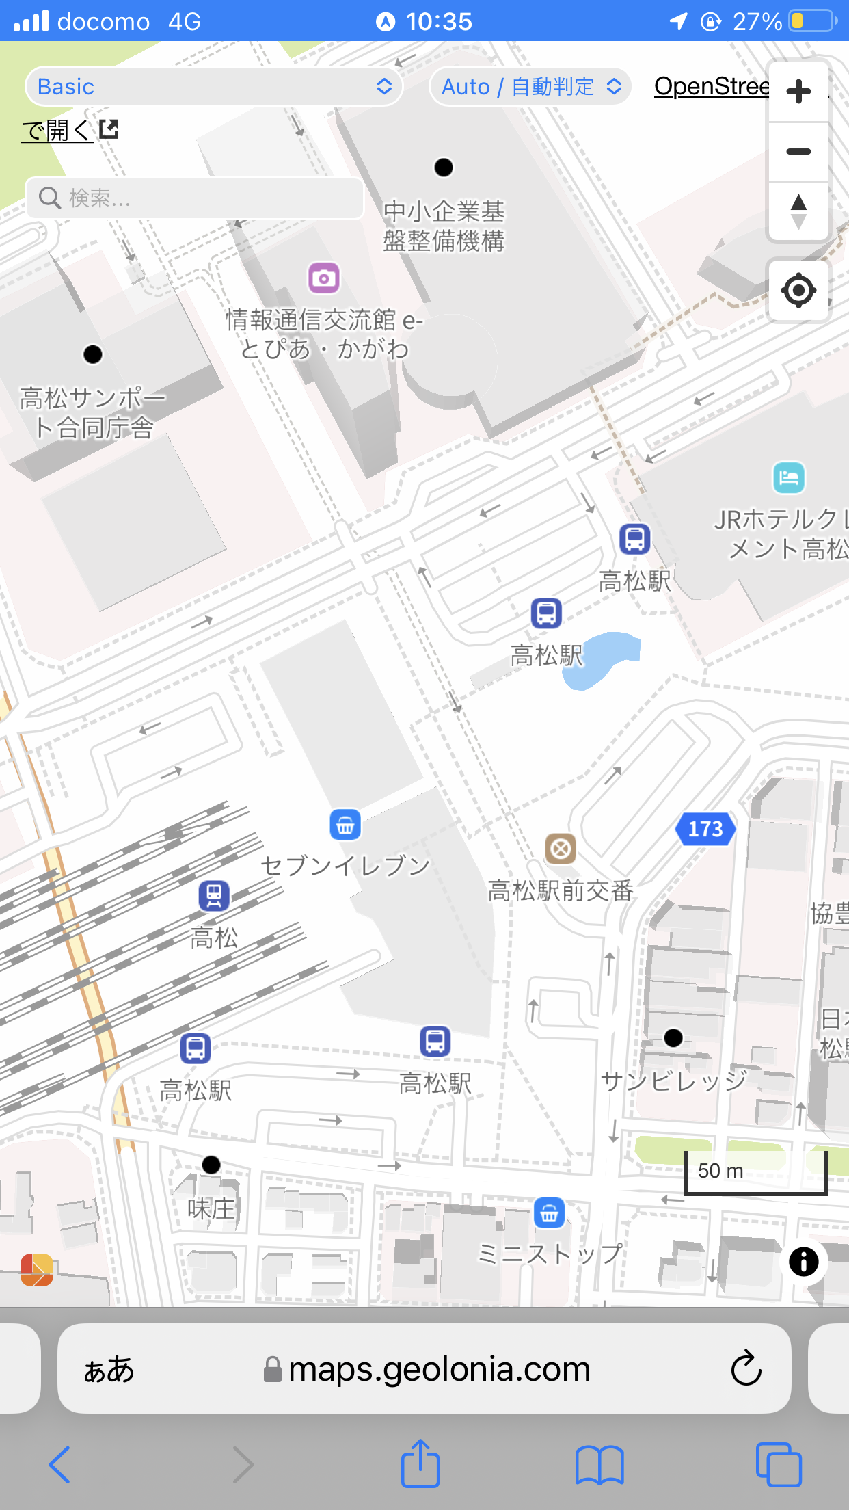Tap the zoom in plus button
pyautogui.click(x=798, y=91)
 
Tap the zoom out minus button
pyautogui.click(x=798, y=151)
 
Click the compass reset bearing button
pyautogui.click(x=798, y=211)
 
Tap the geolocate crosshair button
pyautogui.click(x=798, y=291)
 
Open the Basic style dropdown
pyautogui.click(x=214, y=86)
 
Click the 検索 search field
pyautogui.click(x=195, y=198)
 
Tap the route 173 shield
pyautogui.click(x=705, y=829)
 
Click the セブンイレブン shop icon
pyautogui.click(x=345, y=825)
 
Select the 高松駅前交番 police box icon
pyautogui.click(x=561, y=849)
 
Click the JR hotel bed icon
pyautogui.click(x=789, y=477)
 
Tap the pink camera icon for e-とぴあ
pyautogui.click(x=323, y=278)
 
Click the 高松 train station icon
pyautogui.click(x=214, y=895)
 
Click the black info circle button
pyautogui.click(x=803, y=1262)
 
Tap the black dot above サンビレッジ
pyautogui.click(x=673, y=1038)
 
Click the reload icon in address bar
pyautogui.click(x=746, y=1368)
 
